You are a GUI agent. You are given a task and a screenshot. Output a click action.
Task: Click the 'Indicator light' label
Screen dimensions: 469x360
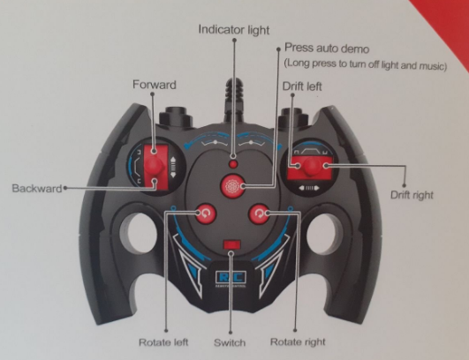tap(234, 30)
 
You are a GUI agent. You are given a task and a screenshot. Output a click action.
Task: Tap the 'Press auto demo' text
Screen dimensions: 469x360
tap(327, 48)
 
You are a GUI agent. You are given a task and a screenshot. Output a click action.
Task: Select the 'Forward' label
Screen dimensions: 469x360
tap(155, 85)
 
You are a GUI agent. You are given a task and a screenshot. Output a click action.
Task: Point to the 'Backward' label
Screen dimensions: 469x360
tap(37, 189)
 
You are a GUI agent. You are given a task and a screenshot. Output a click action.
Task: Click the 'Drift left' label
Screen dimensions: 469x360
tap(302, 86)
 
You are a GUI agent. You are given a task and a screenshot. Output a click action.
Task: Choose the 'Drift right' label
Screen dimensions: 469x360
tap(412, 195)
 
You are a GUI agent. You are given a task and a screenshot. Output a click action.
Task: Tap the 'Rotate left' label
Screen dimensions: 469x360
tap(163, 342)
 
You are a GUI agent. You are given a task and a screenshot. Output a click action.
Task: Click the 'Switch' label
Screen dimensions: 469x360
tap(230, 342)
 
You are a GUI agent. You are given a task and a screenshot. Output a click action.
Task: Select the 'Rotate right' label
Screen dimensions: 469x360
tap(298, 341)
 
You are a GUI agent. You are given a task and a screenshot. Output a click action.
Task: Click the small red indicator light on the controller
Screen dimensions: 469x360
tap(233, 164)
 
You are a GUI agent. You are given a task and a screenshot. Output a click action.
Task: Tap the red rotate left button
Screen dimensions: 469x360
tap(206, 214)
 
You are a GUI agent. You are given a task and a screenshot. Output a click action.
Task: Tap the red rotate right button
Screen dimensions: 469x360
tap(259, 214)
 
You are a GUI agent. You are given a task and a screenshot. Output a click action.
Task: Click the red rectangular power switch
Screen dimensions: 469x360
tap(231, 244)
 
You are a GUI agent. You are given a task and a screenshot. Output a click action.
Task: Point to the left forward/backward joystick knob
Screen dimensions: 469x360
tap(154, 166)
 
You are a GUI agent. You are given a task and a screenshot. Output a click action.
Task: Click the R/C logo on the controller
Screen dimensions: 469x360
tap(231, 278)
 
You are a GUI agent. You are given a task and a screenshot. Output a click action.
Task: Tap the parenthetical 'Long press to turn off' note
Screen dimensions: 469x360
tap(365, 64)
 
